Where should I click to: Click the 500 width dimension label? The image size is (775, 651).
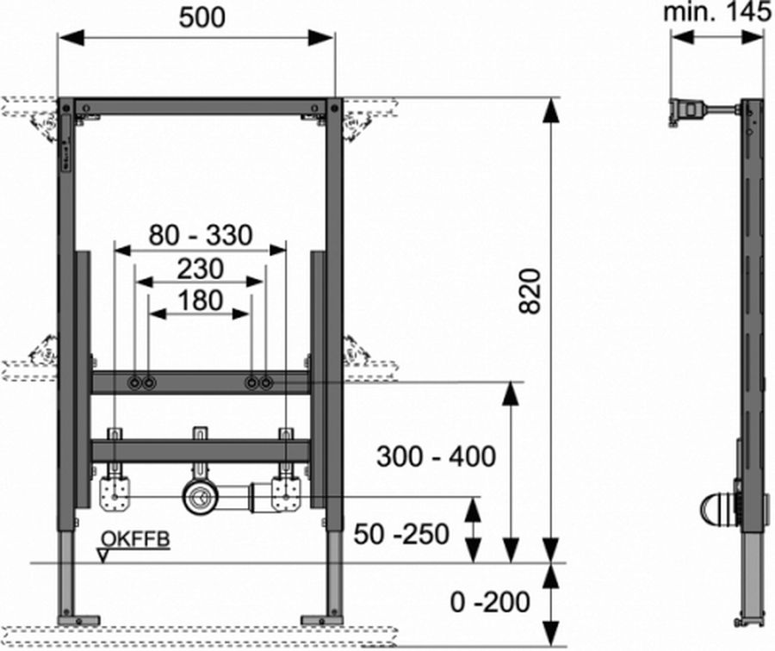(201, 18)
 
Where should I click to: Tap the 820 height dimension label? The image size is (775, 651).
(530, 291)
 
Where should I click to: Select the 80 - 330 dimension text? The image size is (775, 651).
(201, 235)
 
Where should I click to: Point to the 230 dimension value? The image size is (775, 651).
(200, 269)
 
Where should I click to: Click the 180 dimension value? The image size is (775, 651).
(200, 301)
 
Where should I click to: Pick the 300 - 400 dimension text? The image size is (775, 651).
(436, 456)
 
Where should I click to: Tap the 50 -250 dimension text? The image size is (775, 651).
(401, 534)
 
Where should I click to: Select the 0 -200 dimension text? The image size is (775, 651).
(490, 602)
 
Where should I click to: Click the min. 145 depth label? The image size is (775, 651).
(716, 12)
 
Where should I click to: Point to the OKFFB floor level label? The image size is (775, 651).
(135, 538)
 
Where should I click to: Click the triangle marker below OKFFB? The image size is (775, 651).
(103, 555)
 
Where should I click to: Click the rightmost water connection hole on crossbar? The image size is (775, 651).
(266, 382)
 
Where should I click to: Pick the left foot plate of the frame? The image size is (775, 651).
(78, 620)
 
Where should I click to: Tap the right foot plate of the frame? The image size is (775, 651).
(322, 620)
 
